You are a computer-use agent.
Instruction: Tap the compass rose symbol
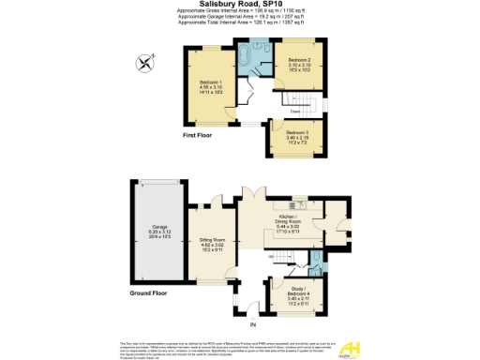143,64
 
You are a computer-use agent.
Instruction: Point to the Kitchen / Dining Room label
289,223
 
